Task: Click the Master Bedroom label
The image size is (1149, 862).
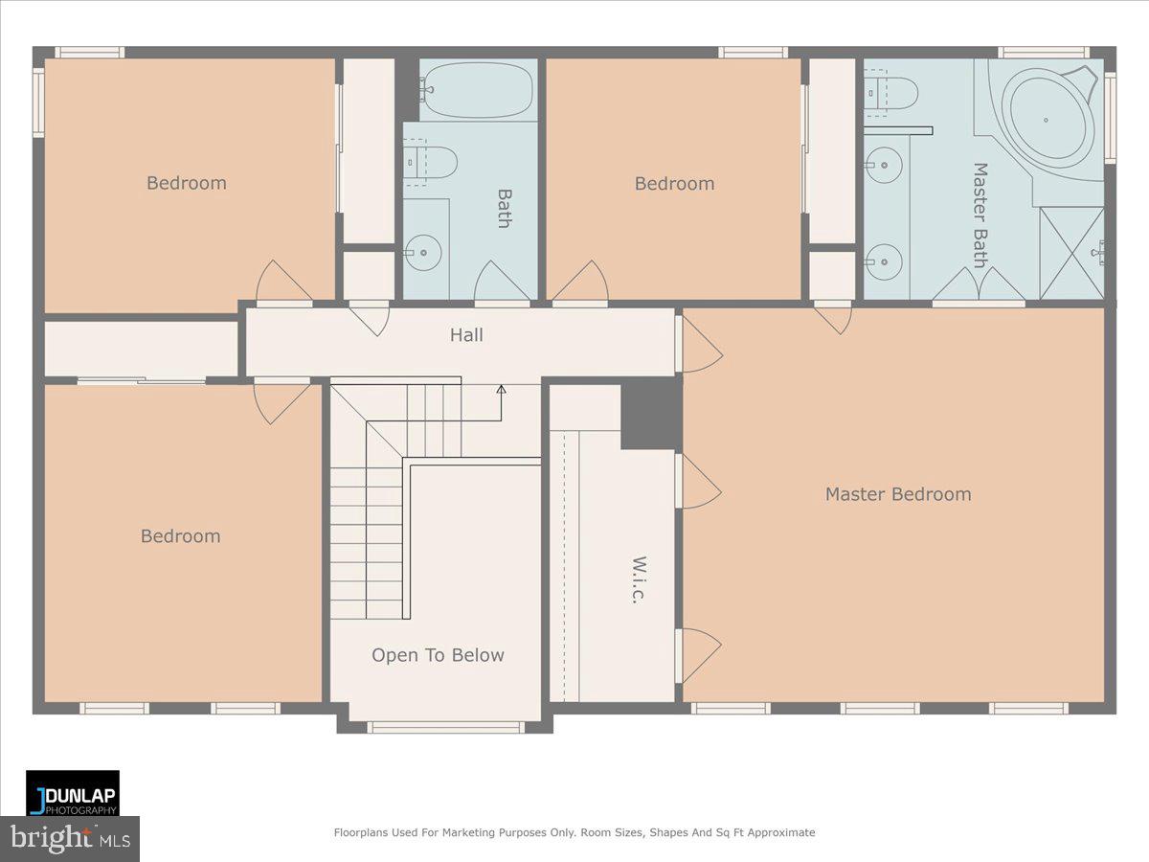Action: click(897, 494)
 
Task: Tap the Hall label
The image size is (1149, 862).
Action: click(466, 334)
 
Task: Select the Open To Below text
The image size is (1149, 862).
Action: click(438, 655)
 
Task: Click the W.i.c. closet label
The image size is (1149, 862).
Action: click(638, 578)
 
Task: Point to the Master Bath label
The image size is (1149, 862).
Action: click(980, 215)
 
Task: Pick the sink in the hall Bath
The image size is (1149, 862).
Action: click(421, 254)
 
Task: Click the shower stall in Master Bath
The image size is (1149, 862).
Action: click(1071, 253)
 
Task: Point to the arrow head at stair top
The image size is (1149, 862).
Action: click(501, 389)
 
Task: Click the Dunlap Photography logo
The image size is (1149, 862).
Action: click(73, 793)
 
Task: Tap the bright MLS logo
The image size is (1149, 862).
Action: click(70, 839)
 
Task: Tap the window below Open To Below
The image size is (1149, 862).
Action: click(445, 727)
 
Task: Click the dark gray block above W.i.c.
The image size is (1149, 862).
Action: click(650, 413)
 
